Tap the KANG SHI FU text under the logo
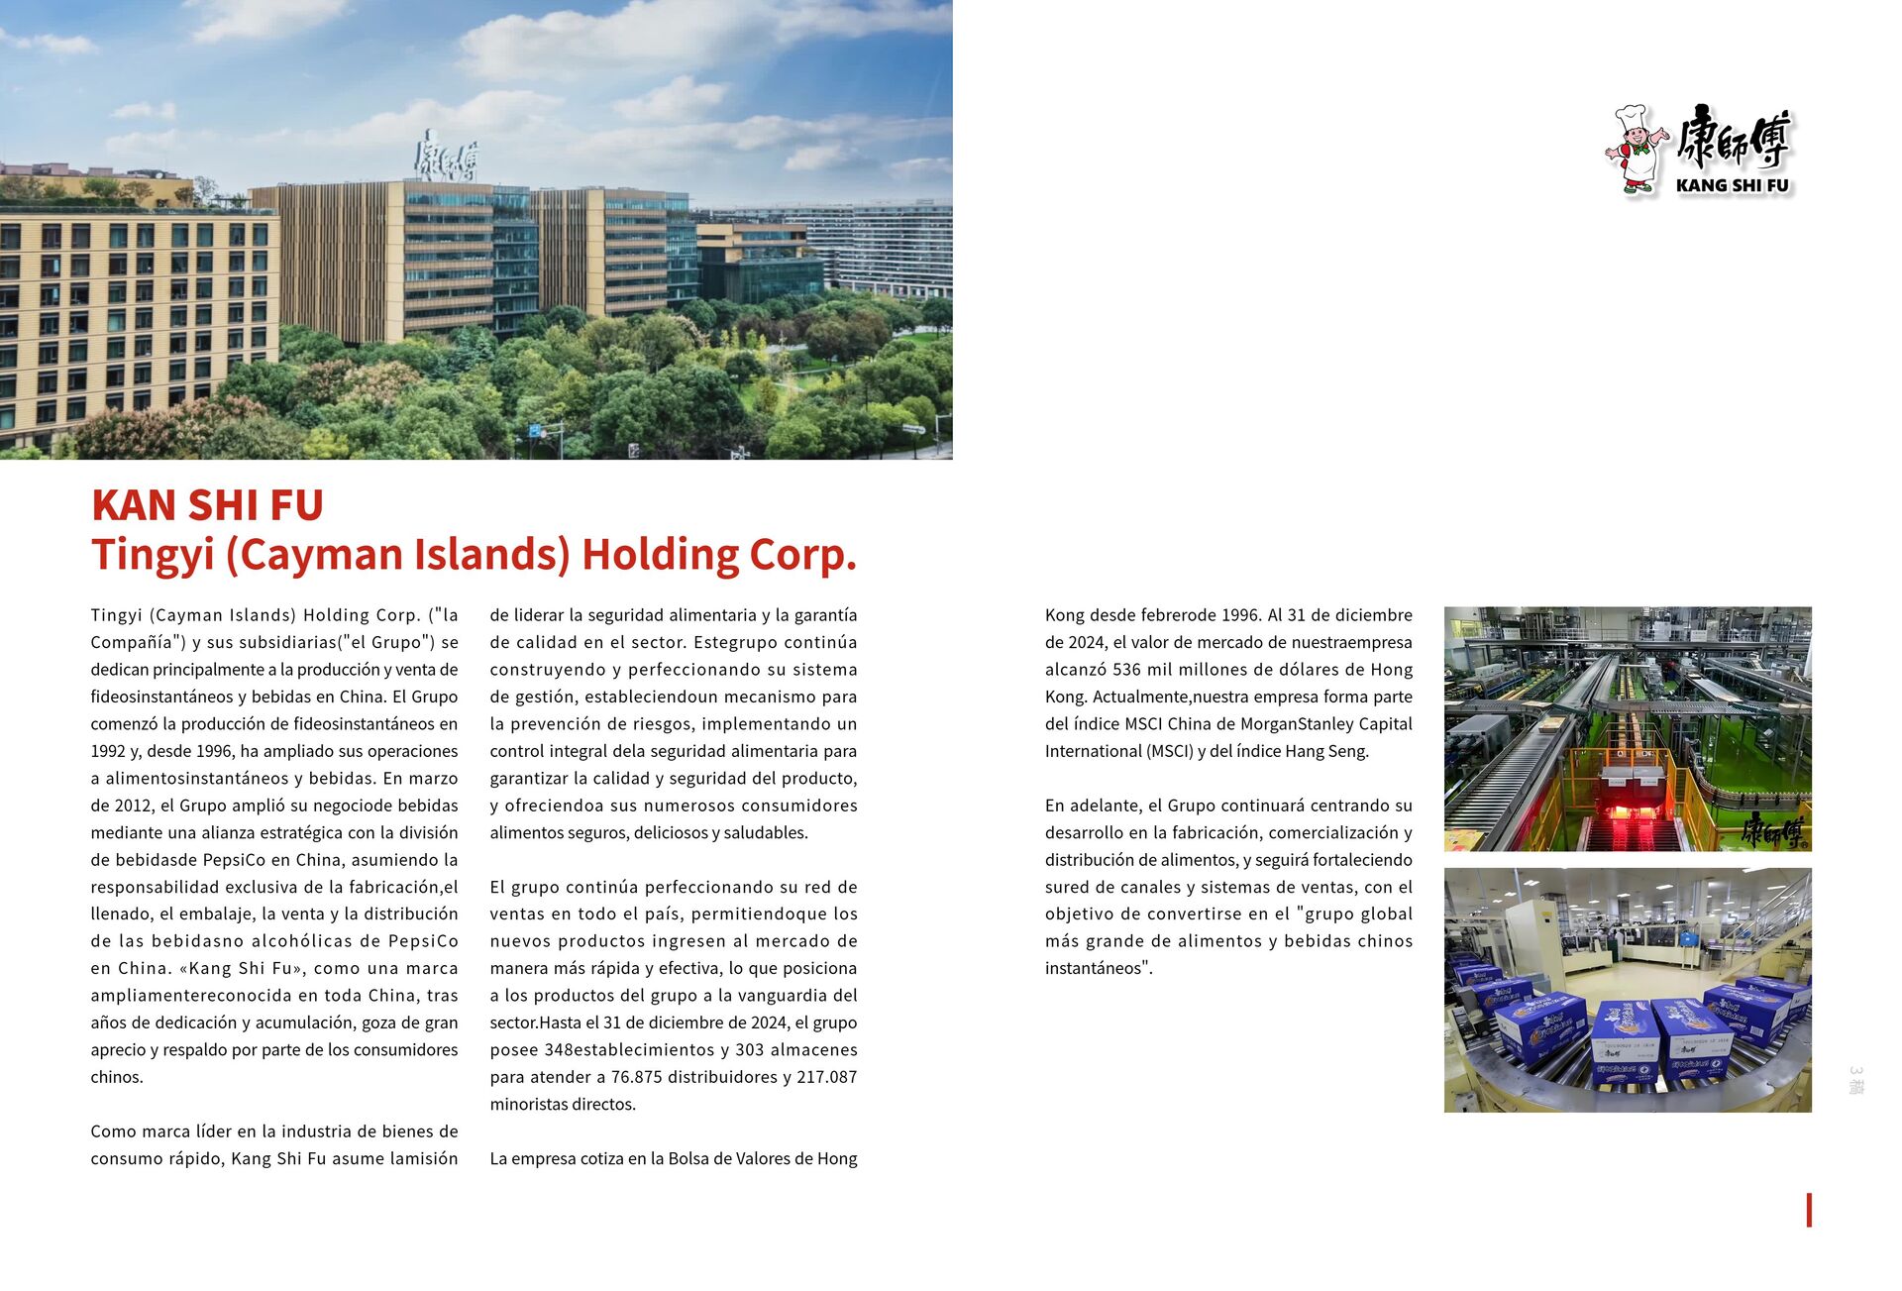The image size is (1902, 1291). (1732, 185)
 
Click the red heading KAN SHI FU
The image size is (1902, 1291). (207, 505)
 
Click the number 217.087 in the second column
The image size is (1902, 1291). (825, 1077)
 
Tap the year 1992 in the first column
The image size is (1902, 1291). (108, 751)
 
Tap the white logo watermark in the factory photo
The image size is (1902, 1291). (1775, 832)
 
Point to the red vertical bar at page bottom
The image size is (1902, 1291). (1809, 1210)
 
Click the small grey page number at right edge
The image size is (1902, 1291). (1855, 1080)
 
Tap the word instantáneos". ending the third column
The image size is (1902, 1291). (1099, 969)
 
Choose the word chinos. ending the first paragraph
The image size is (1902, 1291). (117, 1077)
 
